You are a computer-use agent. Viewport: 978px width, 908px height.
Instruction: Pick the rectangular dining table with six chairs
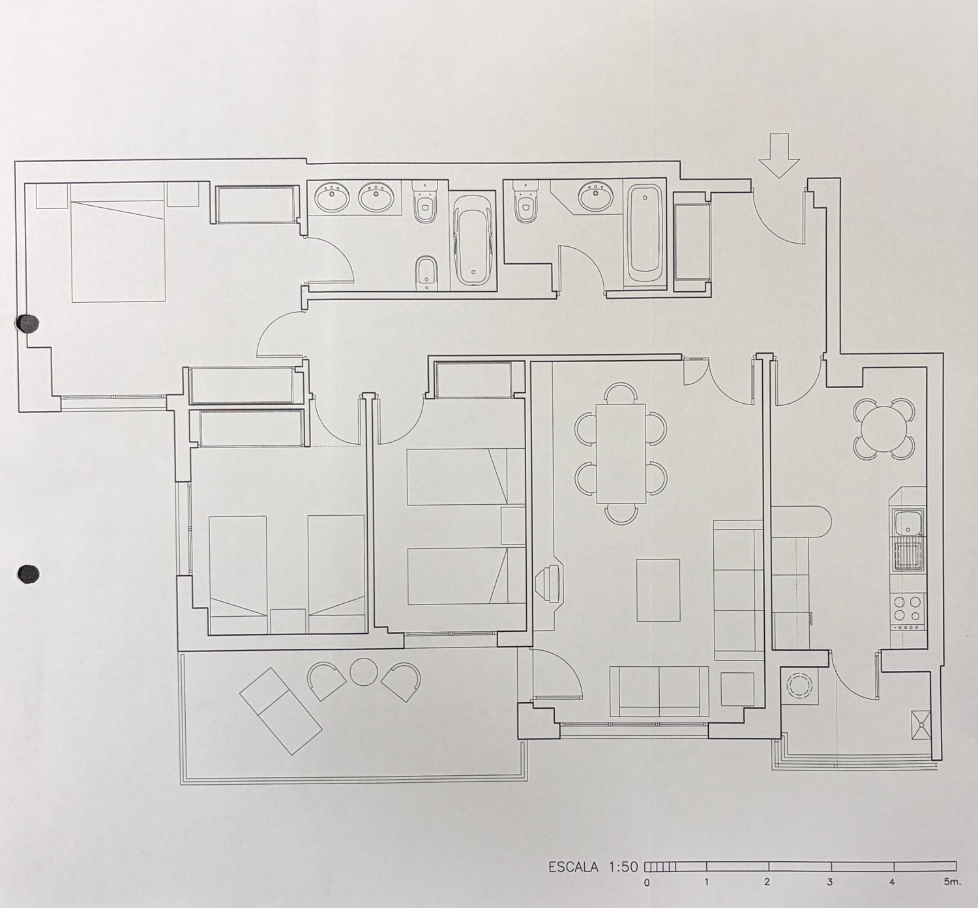(621, 453)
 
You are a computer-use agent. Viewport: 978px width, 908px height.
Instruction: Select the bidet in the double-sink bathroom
(425, 273)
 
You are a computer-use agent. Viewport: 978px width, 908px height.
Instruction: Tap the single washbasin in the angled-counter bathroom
(595, 196)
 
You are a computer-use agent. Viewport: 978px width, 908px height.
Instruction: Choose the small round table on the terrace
(363, 672)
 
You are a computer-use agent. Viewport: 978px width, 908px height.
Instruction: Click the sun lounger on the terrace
(281, 711)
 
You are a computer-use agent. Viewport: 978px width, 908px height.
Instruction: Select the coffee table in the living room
(658, 591)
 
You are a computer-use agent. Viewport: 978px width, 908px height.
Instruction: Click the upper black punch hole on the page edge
(27, 324)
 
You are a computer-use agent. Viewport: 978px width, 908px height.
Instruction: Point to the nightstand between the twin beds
(288, 621)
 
